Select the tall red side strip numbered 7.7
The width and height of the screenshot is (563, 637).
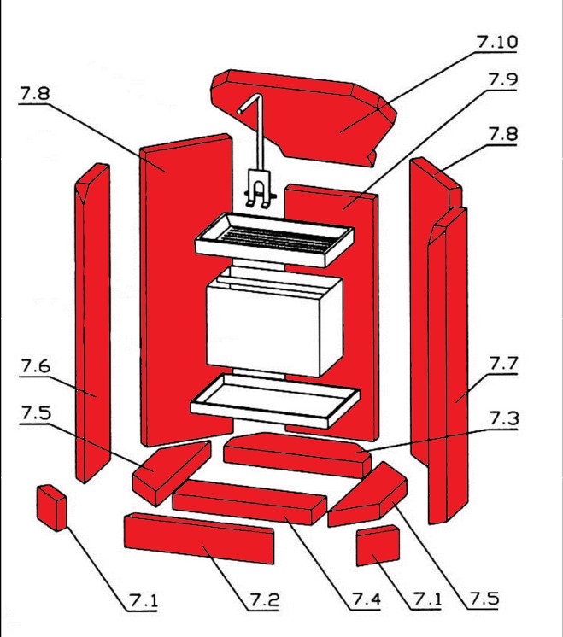pos(448,367)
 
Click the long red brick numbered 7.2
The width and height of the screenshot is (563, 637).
pos(198,541)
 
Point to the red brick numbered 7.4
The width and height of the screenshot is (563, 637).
pos(248,501)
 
